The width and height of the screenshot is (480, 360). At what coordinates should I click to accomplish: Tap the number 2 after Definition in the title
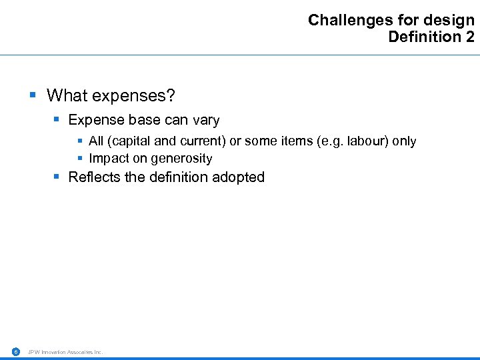[x=470, y=37]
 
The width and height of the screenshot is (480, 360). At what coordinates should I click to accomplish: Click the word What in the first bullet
[x=67, y=96]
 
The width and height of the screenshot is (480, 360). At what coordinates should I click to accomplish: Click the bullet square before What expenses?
[x=33, y=95]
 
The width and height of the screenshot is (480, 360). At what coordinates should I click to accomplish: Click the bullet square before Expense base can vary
[x=57, y=120]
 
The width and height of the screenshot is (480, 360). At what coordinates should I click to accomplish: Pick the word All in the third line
[x=96, y=141]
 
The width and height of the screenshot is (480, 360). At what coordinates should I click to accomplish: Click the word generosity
[x=181, y=159]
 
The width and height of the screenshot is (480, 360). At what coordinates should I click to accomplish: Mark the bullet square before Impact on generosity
[x=80, y=158]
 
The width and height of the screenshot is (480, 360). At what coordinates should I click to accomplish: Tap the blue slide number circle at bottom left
[x=15, y=351]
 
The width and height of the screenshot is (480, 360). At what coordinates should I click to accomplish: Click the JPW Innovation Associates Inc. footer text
[x=65, y=352]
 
